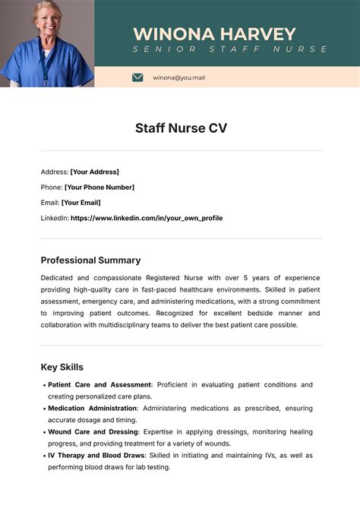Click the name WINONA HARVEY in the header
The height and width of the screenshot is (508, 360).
click(214, 33)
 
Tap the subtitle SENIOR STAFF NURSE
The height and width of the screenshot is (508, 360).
click(230, 49)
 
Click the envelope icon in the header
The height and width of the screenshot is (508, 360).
click(137, 77)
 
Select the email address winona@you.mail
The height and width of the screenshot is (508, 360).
click(178, 77)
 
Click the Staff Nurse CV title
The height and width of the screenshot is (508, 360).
click(181, 128)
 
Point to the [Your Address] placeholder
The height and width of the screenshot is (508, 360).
click(94, 172)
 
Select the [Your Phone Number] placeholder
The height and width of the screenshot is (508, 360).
click(99, 187)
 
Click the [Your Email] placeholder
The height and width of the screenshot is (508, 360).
click(81, 203)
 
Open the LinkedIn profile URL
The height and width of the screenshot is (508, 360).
click(147, 218)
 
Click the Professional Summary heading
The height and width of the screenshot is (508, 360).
click(90, 260)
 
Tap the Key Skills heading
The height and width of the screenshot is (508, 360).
click(62, 367)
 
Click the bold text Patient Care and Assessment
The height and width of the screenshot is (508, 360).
click(99, 385)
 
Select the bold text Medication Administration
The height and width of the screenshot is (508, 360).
click(93, 409)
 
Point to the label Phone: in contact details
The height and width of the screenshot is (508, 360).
click(51, 187)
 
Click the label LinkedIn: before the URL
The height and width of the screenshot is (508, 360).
click(54, 218)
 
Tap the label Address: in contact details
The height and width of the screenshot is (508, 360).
click(54, 172)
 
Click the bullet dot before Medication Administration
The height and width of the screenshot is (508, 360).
click(43, 409)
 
